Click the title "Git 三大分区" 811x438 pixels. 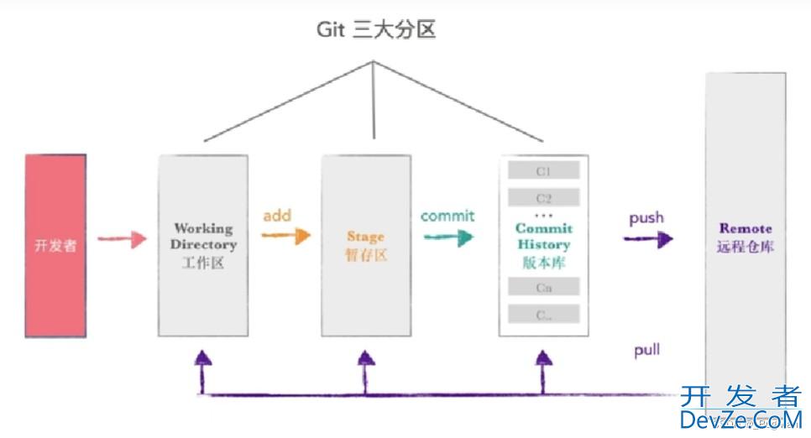pyautogui.click(x=375, y=30)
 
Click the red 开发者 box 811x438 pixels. pyautogui.click(x=55, y=246)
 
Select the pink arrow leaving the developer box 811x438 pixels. pyautogui.click(x=122, y=241)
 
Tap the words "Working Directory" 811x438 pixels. pyautogui.click(x=203, y=236)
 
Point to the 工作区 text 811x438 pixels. pyautogui.click(x=203, y=263)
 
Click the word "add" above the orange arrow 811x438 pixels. pyautogui.click(x=276, y=216)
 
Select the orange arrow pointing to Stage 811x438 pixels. pyautogui.click(x=285, y=236)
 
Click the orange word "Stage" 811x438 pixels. pyautogui.click(x=365, y=237)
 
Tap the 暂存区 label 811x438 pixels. pyautogui.click(x=365, y=255)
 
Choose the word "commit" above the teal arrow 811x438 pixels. pyautogui.click(x=447, y=216)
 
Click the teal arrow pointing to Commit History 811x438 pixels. pyautogui.click(x=447, y=237)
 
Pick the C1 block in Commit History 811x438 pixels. pyautogui.click(x=543, y=171)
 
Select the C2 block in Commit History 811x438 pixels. pyautogui.click(x=543, y=199)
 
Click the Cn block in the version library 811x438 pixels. pyautogui.click(x=543, y=287)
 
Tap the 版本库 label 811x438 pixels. pyautogui.click(x=543, y=262)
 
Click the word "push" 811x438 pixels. pyautogui.click(x=646, y=218)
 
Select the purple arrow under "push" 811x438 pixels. pyautogui.click(x=647, y=239)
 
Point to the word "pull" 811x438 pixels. pyautogui.click(x=646, y=350)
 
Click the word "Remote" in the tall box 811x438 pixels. pyautogui.click(x=746, y=228)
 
